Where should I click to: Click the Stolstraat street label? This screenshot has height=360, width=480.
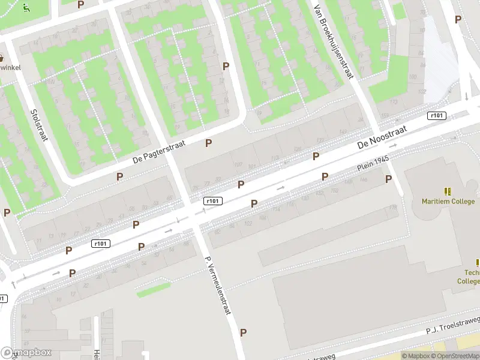[40, 125]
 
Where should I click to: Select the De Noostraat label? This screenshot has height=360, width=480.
[382, 137]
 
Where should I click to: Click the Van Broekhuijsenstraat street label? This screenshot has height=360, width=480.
[334, 42]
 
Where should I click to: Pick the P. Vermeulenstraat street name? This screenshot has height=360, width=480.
[218, 286]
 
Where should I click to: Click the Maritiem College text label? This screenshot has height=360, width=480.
[448, 202]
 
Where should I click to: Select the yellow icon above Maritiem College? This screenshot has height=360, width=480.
[448, 191]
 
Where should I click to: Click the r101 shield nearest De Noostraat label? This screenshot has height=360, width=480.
[436, 115]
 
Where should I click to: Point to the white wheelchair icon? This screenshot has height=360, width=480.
[26, 8]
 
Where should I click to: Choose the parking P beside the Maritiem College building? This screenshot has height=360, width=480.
[388, 179]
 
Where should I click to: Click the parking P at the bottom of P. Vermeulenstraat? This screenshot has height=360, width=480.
[243, 332]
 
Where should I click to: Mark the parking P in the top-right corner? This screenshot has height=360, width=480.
[458, 19]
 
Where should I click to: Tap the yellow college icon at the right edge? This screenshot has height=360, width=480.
[478, 262]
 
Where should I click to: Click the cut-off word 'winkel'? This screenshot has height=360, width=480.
[10, 67]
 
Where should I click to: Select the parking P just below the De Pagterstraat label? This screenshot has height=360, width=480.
[120, 176]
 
